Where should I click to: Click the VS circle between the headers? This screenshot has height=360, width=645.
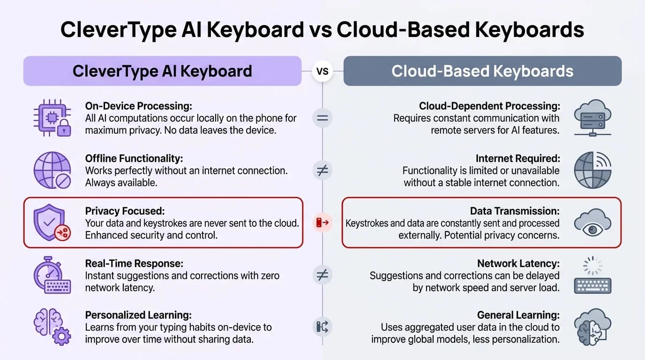point(322,71)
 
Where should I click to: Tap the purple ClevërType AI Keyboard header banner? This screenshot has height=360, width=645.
point(162,71)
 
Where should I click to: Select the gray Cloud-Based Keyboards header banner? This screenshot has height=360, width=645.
point(482,71)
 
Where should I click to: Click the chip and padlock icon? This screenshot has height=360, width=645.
point(52,118)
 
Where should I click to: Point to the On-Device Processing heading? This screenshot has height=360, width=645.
point(139,106)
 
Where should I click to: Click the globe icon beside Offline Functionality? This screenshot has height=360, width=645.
point(52,170)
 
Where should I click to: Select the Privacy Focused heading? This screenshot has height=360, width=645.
point(125,211)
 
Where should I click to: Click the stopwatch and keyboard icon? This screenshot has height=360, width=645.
point(52,275)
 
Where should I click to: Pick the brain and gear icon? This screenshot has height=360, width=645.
point(52,327)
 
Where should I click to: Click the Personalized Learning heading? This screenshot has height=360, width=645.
point(138,315)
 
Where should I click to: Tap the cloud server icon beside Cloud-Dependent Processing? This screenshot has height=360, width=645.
point(592,118)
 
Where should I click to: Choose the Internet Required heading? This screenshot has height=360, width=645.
point(517,158)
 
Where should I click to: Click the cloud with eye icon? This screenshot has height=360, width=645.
point(592,222)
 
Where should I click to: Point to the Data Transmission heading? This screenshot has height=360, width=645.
point(515,211)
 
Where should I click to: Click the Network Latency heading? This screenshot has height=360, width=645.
point(518,263)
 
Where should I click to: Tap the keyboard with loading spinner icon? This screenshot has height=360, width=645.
point(592,275)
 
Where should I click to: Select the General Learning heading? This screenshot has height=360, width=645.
point(518,315)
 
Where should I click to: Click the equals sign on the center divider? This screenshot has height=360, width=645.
point(322,118)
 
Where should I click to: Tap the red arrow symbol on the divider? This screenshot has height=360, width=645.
point(322,223)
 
